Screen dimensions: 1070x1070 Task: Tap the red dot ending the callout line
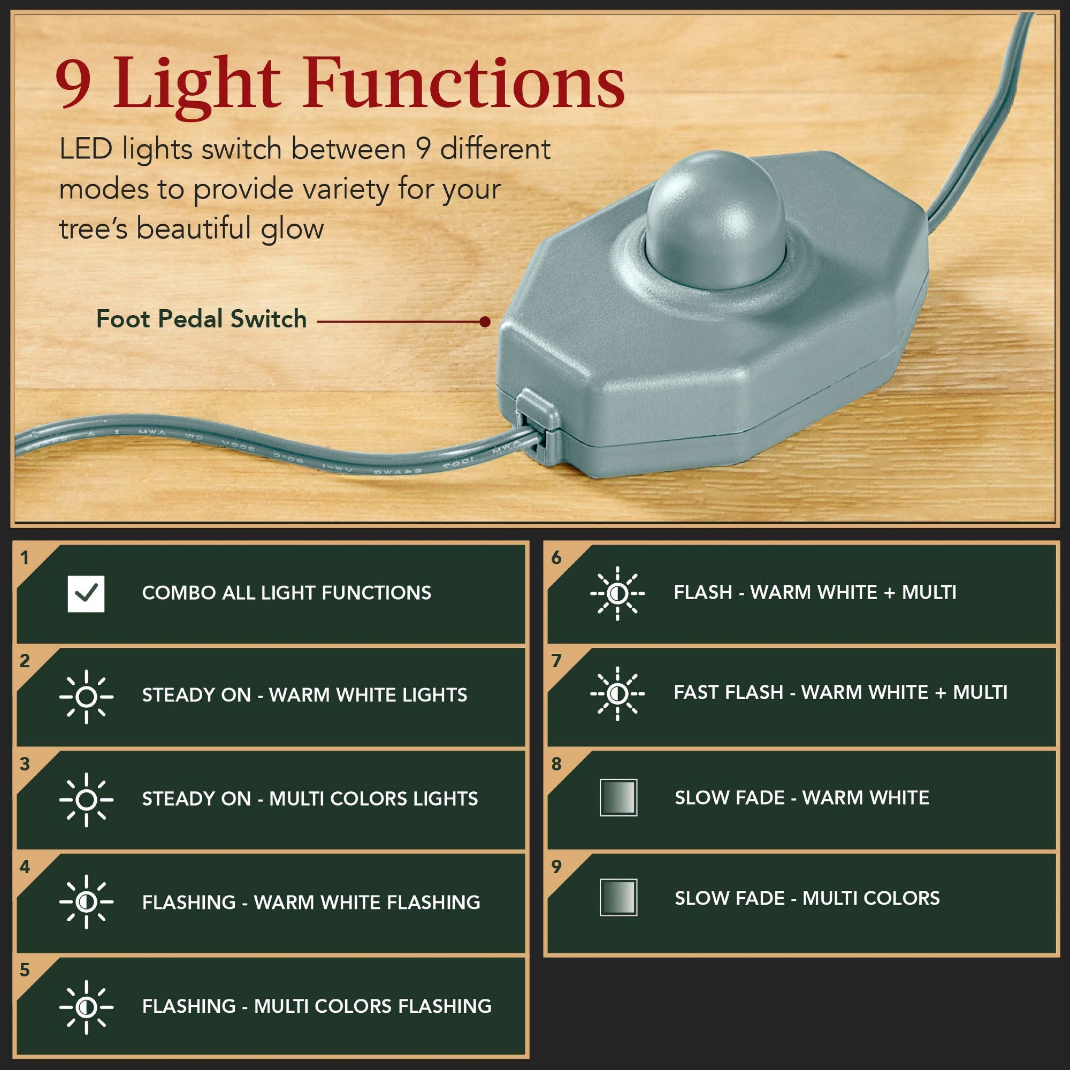(x=485, y=322)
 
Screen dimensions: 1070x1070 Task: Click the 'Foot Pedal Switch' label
(x=201, y=319)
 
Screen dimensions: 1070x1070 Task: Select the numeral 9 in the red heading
(x=73, y=82)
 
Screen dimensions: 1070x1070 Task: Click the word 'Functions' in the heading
(x=464, y=82)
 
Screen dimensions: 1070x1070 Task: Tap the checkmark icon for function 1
(x=86, y=594)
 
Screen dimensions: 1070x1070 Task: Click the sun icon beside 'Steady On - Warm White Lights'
(x=86, y=697)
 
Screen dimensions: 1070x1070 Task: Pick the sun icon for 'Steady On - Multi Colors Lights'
(x=86, y=800)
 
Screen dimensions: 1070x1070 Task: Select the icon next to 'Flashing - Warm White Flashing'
(x=86, y=902)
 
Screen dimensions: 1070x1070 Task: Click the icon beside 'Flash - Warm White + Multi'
(x=617, y=594)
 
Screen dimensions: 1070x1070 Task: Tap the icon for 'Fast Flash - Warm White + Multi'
(x=617, y=693)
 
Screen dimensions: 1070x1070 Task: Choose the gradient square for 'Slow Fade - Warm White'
(x=618, y=798)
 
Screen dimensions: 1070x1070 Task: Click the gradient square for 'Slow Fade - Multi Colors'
(x=618, y=897)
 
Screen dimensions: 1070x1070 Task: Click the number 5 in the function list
(x=25, y=970)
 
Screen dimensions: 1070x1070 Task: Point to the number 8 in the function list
(x=556, y=764)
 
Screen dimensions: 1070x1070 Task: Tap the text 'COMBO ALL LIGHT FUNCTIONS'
(x=286, y=593)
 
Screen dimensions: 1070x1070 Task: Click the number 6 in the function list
(x=556, y=557)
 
